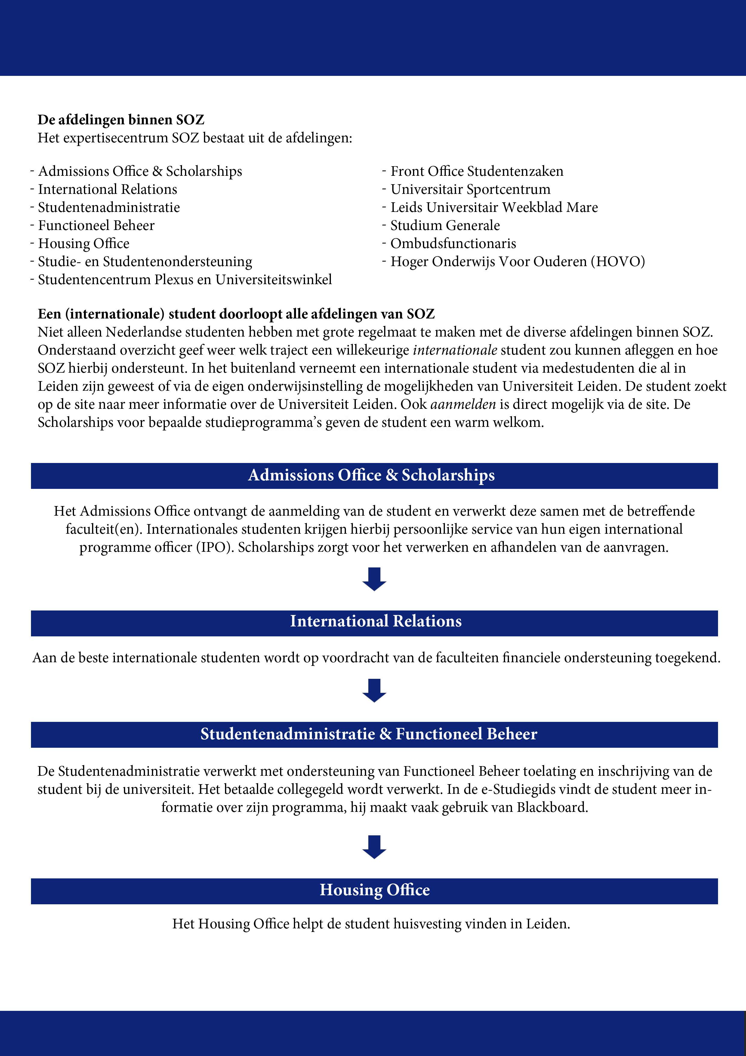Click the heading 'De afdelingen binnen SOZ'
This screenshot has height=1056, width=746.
coord(121,120)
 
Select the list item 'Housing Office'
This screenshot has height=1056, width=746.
coord(83,243)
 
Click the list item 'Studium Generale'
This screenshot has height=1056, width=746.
coord(445,225)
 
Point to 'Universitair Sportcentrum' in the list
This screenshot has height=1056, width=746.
coord(470,189)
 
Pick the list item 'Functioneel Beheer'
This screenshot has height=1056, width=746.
coord(96,225)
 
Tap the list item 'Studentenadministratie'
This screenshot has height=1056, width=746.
coord(109,207)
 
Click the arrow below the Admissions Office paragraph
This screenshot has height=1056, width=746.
coord(374,579)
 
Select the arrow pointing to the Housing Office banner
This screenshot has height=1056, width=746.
coord(374,847)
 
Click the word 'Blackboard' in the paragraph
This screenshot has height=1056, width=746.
coord(552,808)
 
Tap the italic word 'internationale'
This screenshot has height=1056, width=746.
coord(455,350)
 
